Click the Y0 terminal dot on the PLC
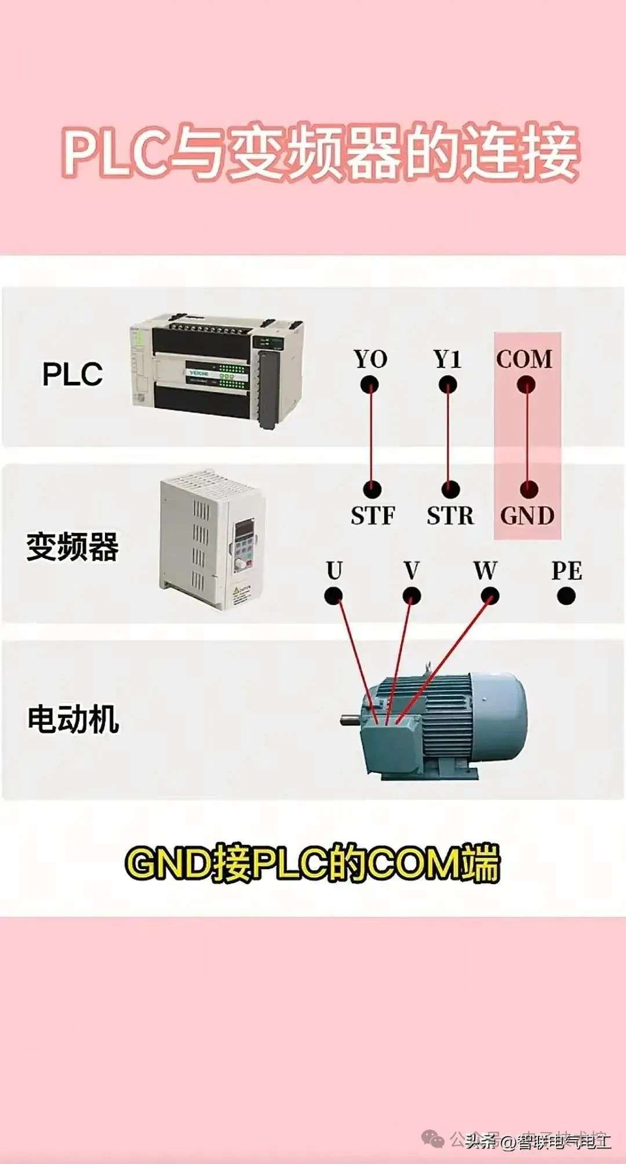click(x=369, y=385)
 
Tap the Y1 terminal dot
click(x=447, y=385)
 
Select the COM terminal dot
click(x=526, y=385)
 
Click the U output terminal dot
click(x=333, y=596)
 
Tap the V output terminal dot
click(x=412, y=596)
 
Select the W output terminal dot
click(x=490, y=596)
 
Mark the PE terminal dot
click(x=566, y=596)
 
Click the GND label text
click(x=527, y=516)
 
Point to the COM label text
click(x=524, y=359)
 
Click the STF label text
click(x=373, y=516)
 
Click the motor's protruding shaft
click(x=350, y=720)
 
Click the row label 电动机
click(x=73, y=720)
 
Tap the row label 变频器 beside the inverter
click(x=72, y=546)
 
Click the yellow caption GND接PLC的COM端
click(x=312, y=864)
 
